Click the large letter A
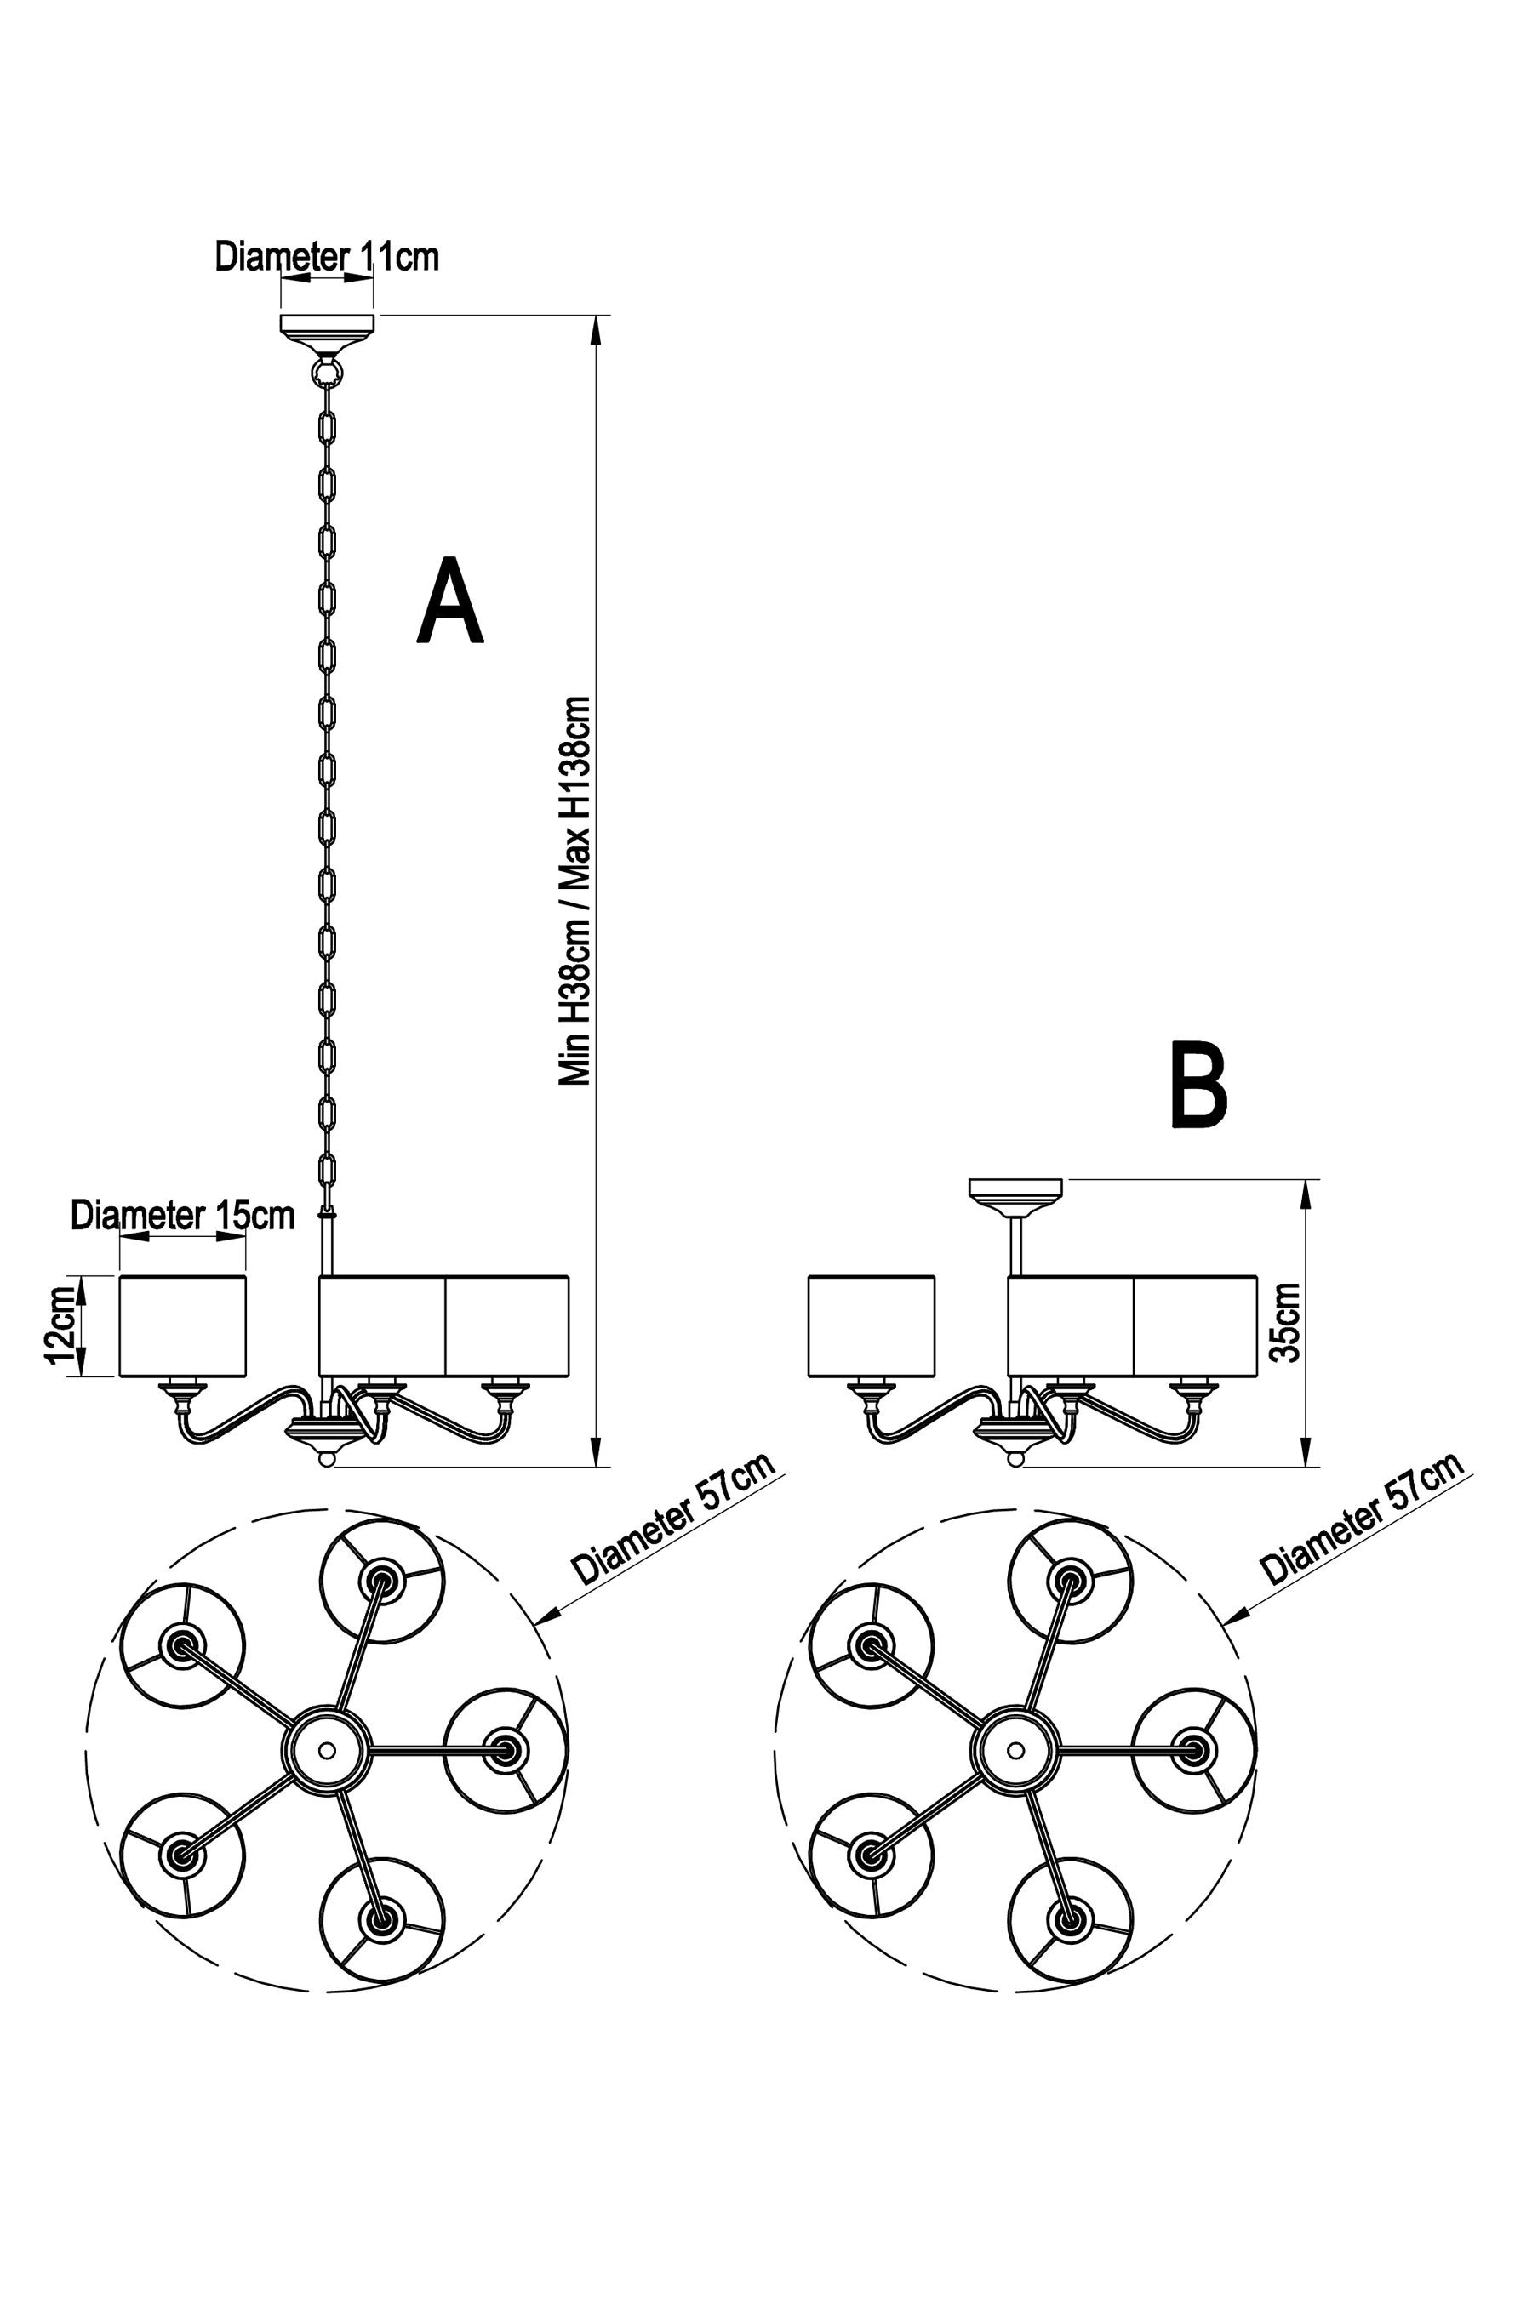coord(450,602)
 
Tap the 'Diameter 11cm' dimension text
coord(326,257)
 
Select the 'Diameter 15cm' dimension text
coord(183,1216)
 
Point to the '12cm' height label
coord(60,1325)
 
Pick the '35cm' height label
coord(1286,1322)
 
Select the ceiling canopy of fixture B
coord(1015,1194)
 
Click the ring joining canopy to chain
coord(326,373)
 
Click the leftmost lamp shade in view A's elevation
coord(183,1325)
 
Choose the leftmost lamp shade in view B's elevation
coord(872,1325)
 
